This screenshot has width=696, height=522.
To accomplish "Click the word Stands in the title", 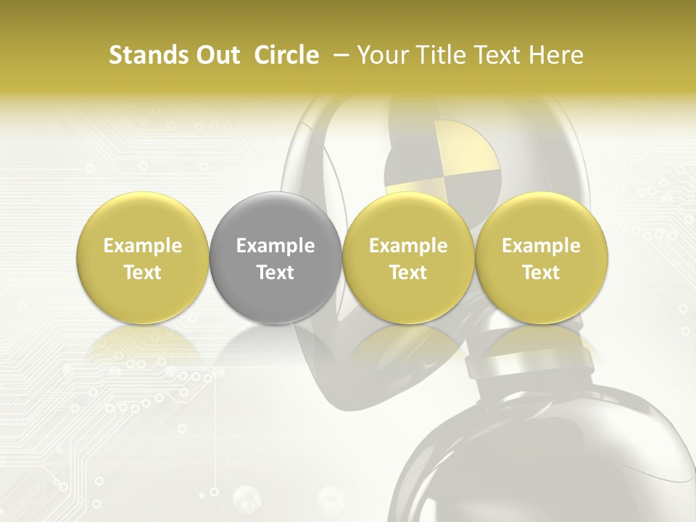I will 147,55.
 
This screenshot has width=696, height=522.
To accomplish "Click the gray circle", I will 275,258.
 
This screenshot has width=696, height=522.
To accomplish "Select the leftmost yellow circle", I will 143,258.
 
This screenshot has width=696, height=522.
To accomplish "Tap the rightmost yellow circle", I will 541,258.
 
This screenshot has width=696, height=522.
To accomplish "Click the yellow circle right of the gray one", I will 408,258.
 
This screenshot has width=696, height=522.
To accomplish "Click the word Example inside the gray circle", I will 275,246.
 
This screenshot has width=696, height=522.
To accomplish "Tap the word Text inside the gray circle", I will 275,273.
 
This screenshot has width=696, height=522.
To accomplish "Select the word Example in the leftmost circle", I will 143,246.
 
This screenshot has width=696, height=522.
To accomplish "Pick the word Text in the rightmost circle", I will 541,273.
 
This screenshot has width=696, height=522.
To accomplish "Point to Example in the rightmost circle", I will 541,246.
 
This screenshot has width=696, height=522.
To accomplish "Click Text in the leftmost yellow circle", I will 143,273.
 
